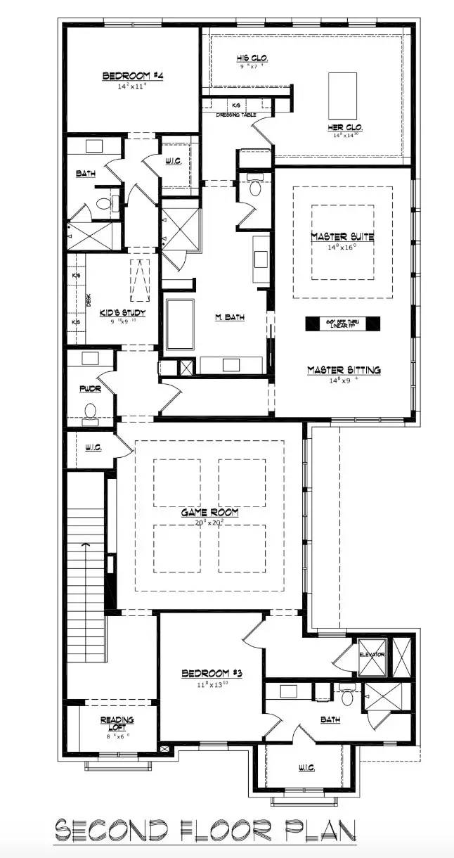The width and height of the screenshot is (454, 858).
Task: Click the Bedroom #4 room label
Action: tap(133, 76)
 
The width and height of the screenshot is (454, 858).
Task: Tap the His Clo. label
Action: tap(251, 58)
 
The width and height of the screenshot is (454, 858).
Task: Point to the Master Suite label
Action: tap(342, 236)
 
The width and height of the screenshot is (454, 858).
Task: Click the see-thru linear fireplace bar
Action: tap(342, 324)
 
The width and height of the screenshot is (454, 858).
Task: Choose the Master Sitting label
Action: tap(344, 369)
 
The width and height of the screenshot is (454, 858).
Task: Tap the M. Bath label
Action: tap(230, 317)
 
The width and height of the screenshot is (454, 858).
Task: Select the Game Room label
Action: tap(209, 513)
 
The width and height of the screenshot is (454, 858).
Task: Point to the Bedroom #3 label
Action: tap(212, 673)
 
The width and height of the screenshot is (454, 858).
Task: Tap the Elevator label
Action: tap(372, 654)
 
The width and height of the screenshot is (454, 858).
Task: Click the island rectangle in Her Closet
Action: tap(342, 95)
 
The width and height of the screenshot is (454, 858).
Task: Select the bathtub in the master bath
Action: tap(180, 324)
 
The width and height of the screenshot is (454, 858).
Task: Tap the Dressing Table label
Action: tap(235, 115)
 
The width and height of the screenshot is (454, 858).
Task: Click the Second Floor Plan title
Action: tap(206, 833)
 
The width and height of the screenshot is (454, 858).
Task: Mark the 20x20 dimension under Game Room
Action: tap(209, 523)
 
